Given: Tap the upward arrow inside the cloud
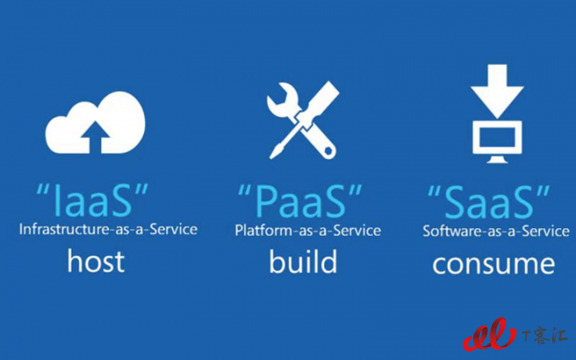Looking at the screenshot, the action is [95, 137].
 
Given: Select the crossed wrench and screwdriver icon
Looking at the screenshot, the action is [302, 120].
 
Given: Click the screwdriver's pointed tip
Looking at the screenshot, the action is [271, 157].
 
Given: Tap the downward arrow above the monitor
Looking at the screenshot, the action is [497, 90].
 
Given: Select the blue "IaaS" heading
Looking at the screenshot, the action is [92, 200].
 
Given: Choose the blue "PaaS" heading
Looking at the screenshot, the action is [300, 201].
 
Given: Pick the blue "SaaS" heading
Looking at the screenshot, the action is [489, 202].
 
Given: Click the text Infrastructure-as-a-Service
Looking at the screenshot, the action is [108, 230].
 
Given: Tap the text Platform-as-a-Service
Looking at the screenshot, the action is [308, 230].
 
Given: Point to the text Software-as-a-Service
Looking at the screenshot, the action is [496, 231].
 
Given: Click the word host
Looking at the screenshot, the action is [96, 261].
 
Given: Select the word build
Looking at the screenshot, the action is [303, 261].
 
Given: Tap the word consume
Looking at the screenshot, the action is [494, 264].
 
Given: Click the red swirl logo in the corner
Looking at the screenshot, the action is [489, 334].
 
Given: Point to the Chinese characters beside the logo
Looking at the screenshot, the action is [545, 335].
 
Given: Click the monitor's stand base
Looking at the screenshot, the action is [497, 160].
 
